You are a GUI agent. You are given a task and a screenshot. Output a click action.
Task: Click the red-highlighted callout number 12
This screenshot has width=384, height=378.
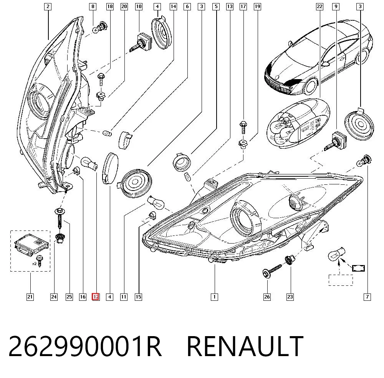pyautogui.click(x=96, y=297)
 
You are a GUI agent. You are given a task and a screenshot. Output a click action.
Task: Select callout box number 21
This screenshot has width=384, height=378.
pyautogui.click(x=30, y=297)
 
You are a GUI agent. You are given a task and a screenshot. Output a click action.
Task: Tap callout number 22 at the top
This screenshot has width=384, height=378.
pyautogui.click(x=319, y=7)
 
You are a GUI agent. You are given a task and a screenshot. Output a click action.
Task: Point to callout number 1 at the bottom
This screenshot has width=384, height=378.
pyautogui.click(x=214, y=297)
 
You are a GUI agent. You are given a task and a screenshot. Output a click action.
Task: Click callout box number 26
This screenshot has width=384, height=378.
pyautogui.click(x=267, y=297)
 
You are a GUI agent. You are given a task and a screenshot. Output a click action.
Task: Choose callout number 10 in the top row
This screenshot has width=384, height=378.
pyautogui.click(x=139, y=7)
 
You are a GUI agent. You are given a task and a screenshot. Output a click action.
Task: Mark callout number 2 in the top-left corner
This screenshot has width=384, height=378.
pyautogui.click(x=48, y=7)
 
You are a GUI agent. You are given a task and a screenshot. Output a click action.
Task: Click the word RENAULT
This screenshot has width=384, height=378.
pyautogui.click(x=245, y=346)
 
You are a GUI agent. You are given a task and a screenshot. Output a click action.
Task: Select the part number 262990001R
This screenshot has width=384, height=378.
pyautogui.click(x=85, y=346)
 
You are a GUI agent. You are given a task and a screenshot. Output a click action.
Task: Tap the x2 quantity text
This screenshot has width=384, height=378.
pyautogui.click(x=34, y=264)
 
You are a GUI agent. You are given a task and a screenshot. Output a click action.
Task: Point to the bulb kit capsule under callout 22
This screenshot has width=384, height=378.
pyautogui.click(x=298, y=123)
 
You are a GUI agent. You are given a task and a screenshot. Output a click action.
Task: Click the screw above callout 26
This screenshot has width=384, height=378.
pyautogui.click(x=272, y=270)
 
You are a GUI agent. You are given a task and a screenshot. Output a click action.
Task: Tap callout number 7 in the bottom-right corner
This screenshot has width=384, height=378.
pyautogui.click(x=367, y=297)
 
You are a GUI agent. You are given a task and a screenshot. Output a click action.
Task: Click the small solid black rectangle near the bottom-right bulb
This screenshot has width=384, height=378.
pyautogui.click(x=358, y=268)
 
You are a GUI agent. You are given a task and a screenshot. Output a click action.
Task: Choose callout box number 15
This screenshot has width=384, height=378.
pyautogui.click(x=138, y=297)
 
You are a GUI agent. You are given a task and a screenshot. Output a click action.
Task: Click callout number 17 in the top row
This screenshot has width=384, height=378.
pyautogui.click(x=243, y=7)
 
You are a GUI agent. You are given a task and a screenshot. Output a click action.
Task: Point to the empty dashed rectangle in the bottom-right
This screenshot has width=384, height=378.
pyautogui.click(x=341, y=280)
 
